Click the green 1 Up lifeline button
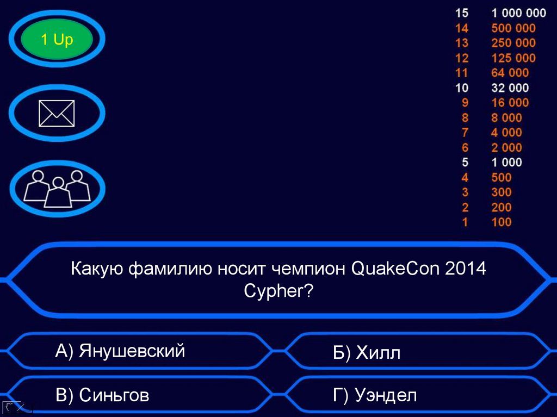coord(57,40)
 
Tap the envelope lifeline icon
coord(57,114)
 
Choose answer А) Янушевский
coord(120,351)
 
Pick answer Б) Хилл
coord(367,353)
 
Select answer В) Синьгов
coord(102,395)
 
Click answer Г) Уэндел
coord(375,395)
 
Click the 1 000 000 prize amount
coord(518,13)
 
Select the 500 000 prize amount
coord(513,28)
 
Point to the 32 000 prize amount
coord(510,88)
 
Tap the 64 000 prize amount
coord(510,73)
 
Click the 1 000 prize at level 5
coord(506,162)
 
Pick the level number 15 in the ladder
coord(462,13)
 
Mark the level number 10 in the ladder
coord(462,88)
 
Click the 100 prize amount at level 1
coord(501,222)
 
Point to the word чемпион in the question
coord(304,269)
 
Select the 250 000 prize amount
coord(513,43)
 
